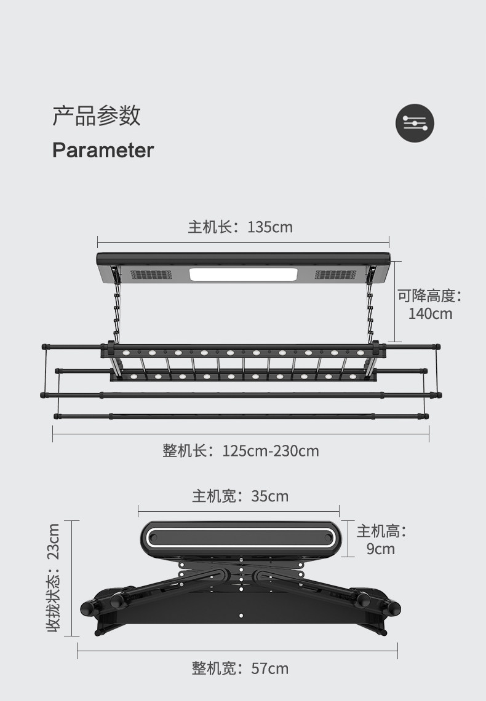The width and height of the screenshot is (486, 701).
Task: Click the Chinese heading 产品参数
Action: (97, 116)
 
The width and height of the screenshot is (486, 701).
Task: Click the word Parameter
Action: (103, 150)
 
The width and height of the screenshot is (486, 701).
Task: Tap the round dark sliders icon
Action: (415, 123)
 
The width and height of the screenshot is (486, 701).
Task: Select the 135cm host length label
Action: (241, 227)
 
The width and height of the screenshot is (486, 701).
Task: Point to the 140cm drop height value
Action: (430, 314)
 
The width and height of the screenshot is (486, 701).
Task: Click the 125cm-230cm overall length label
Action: (241, 451)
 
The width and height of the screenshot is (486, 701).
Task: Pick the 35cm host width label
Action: (240, 496)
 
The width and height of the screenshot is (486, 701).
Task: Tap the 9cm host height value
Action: (381, 549)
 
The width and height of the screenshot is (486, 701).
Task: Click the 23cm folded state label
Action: (54, 578)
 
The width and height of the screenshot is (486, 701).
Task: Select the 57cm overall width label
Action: (240, 668)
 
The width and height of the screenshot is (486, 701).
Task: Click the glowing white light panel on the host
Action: (244, 275)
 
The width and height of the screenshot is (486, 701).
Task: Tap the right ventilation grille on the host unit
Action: (336, 275)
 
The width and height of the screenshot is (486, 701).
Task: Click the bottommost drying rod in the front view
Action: (242, 417)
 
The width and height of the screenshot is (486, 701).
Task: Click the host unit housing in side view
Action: (240, 538)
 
